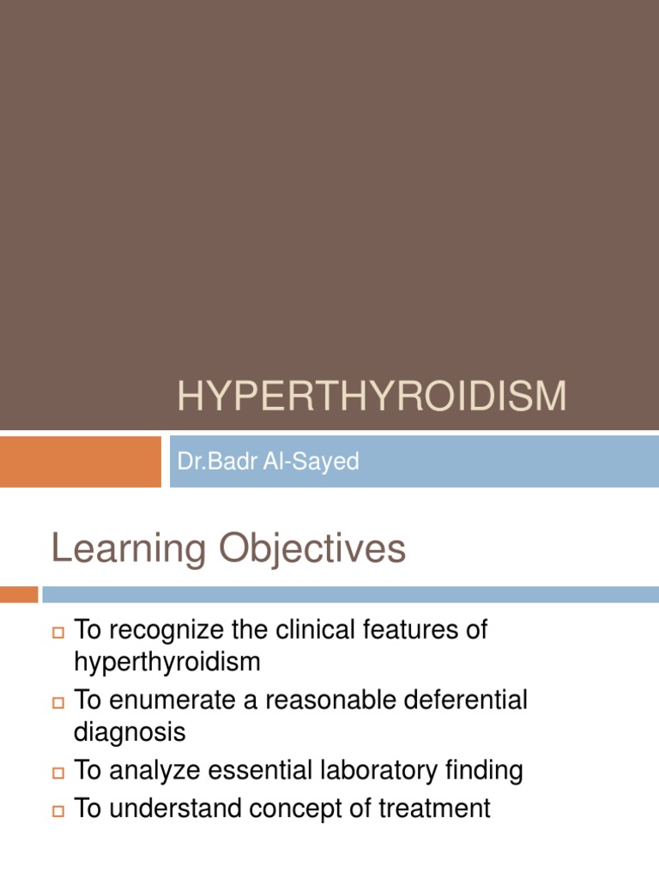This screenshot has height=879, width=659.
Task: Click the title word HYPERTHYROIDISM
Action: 372,397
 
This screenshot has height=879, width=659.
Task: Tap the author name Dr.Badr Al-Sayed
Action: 268,462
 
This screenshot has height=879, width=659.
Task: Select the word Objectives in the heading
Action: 310,549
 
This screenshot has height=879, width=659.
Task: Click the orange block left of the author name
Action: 80,461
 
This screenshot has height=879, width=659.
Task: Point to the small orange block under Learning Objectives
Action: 19,594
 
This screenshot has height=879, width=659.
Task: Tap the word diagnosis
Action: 130,733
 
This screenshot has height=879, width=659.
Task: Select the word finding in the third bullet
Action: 482,771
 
